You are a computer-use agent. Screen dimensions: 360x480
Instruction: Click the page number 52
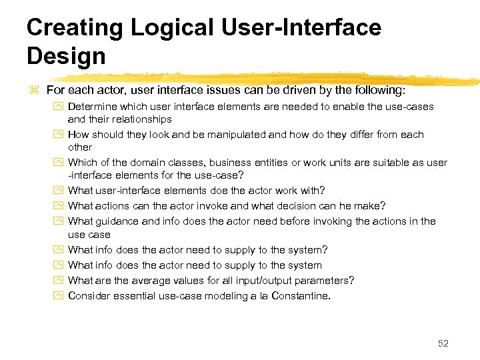(x=443, y=343)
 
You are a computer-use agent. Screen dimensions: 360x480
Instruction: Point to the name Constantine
(x=301, y=295)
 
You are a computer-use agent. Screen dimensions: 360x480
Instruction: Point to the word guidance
(x=116, y=221)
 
